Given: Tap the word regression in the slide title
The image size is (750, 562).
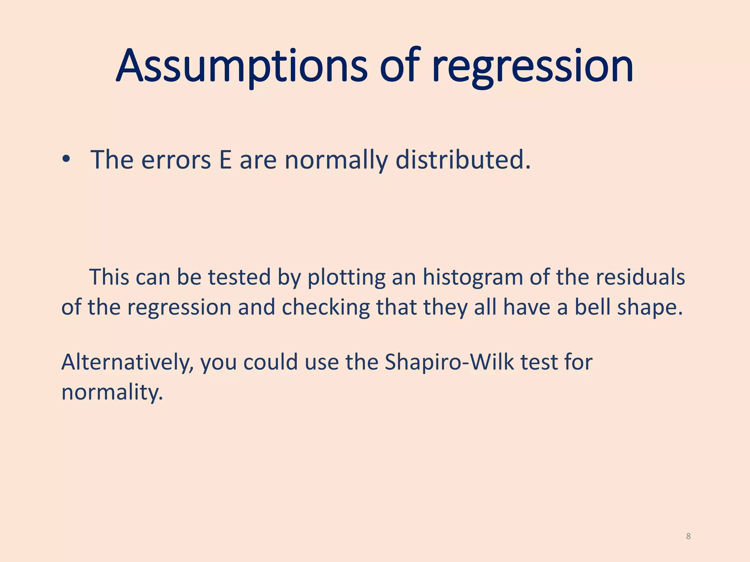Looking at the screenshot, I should click(532, 67).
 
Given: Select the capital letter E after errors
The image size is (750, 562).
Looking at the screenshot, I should click(225, 160).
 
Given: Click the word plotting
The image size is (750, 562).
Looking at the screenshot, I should click(346, 278).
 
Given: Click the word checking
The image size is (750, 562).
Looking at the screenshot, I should click(326, 307).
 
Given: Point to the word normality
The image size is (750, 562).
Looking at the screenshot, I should click(112, 392).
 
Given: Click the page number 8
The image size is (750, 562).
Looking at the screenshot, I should click(688, 536).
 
